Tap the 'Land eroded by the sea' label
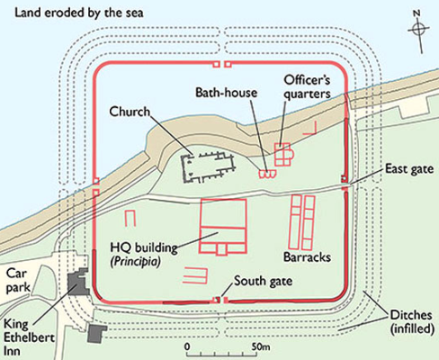click(x=79, y=13)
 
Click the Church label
click(x=130, y=112)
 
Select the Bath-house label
click(x=227, y=93)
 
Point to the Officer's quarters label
click(x=307, y=87)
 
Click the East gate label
click(x=409, y=168)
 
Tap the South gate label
click(x=263, y=281)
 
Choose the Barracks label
click(x=307, y=257)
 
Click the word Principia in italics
click(x=136, y=262)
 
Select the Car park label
click(x=18, y=281)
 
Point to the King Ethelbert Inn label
click(x=29, y=337)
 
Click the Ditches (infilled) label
click(x=412, y=322)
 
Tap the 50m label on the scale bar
click(x=261, y=346)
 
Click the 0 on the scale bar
click(x=187, y=346)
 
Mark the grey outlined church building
click(x=207, y=167)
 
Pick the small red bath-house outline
click(x=267, y=175)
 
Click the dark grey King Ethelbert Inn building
click(x=78, y=282)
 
